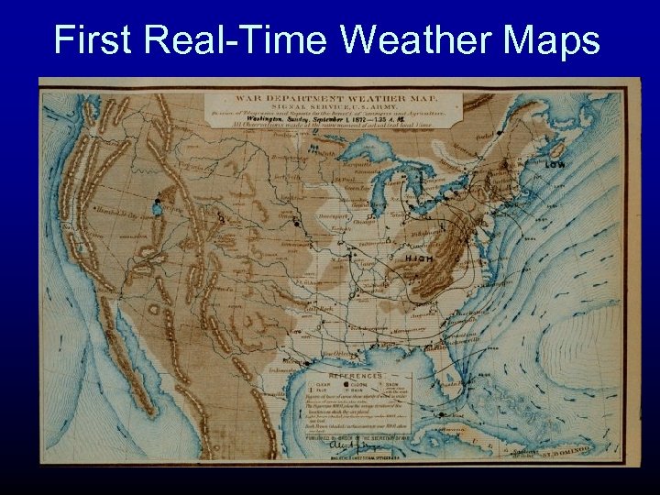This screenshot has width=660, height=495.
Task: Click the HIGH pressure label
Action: point(418,258)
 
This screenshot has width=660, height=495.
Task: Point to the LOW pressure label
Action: point(555,165)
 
